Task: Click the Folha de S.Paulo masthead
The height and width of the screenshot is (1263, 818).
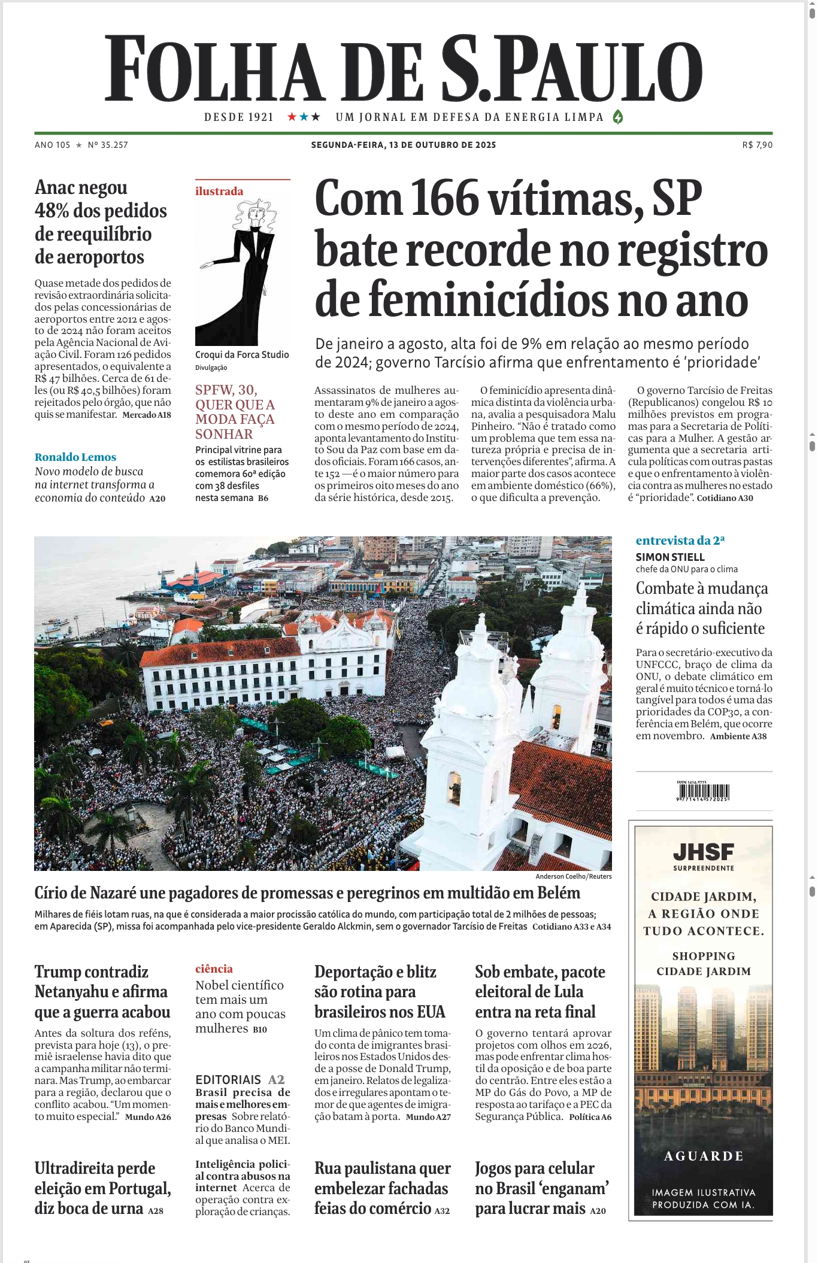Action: coord(403,69)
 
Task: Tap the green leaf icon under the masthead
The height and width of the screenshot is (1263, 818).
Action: coord(618,117)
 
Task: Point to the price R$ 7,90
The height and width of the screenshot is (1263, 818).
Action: coord(757,145)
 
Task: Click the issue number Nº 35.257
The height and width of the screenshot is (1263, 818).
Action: coord(108,145)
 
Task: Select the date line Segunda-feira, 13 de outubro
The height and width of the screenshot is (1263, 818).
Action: coord(403,145)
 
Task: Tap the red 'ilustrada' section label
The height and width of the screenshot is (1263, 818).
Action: coord(219,192)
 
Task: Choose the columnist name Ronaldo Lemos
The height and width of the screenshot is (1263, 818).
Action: coord(75,457)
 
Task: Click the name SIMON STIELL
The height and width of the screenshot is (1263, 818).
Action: coord(670,557)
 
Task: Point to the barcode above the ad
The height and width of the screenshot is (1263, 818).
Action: coord(704,791)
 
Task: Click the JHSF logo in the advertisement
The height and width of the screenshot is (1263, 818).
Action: coord(703,852)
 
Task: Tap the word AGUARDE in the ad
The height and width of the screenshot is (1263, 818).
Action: coord(704,1156)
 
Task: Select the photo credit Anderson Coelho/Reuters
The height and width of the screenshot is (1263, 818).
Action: coord(573,876)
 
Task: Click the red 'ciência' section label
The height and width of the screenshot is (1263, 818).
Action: coord(214,969)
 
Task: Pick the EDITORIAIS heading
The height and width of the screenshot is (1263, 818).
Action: coord(228,1080)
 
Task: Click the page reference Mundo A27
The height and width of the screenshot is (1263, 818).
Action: coord(428,1117)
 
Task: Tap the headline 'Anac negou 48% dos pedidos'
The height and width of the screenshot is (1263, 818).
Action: coord(101,222)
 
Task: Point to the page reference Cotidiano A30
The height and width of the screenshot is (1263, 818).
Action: coord(725,498)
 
